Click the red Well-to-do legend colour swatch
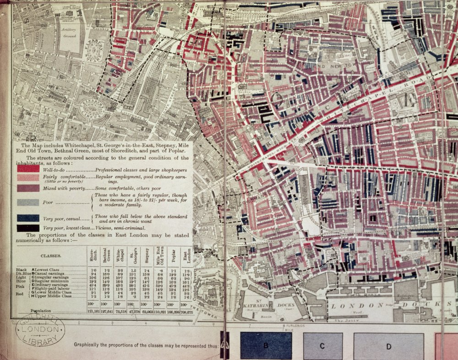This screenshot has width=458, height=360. point(28,168)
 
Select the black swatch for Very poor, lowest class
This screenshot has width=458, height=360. point(28,228)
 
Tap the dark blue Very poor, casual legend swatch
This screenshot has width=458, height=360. point(28,218)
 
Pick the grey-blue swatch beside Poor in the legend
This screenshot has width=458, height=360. point(28,202)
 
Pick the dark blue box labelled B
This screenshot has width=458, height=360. point(266,345)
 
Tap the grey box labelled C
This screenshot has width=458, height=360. point(323,345)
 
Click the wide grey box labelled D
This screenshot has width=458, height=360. point(388,345)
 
